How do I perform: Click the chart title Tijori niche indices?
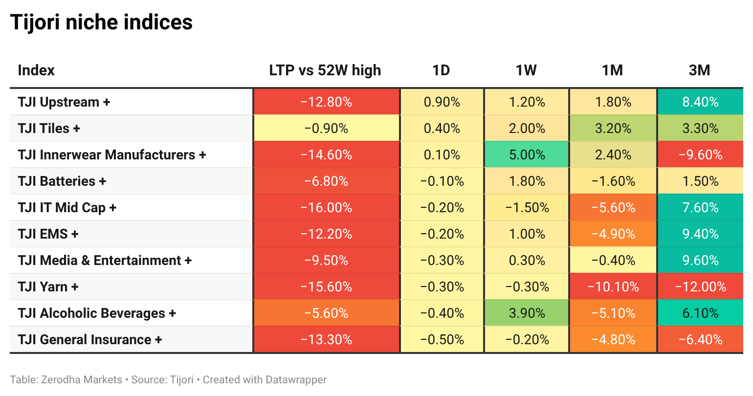click(101, 22)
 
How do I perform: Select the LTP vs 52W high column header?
click(325, 70)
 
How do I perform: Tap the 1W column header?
click(526, 70)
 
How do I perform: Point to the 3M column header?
click(700, 70)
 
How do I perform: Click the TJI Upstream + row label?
click(64, 102)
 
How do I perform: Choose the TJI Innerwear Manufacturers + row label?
click(112, 154)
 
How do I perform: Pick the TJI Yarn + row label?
click(48, 287)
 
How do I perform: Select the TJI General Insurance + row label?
click(90, 339)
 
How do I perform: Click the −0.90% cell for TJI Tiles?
click(327, 128)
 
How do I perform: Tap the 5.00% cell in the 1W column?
click(527, 154)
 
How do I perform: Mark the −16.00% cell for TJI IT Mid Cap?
click(327, 207)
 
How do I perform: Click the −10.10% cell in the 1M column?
click(613, 287)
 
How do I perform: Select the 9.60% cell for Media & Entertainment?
click(701, 260)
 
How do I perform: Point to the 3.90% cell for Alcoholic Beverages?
click(527, 313)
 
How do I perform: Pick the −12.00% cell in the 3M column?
click(701, 287)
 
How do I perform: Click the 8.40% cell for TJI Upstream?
click(701, 102)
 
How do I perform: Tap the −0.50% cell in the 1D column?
click(442, 339)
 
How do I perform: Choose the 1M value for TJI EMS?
click(613, 234)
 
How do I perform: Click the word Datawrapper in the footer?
click(296, 379)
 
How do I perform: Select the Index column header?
click(36, 70)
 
